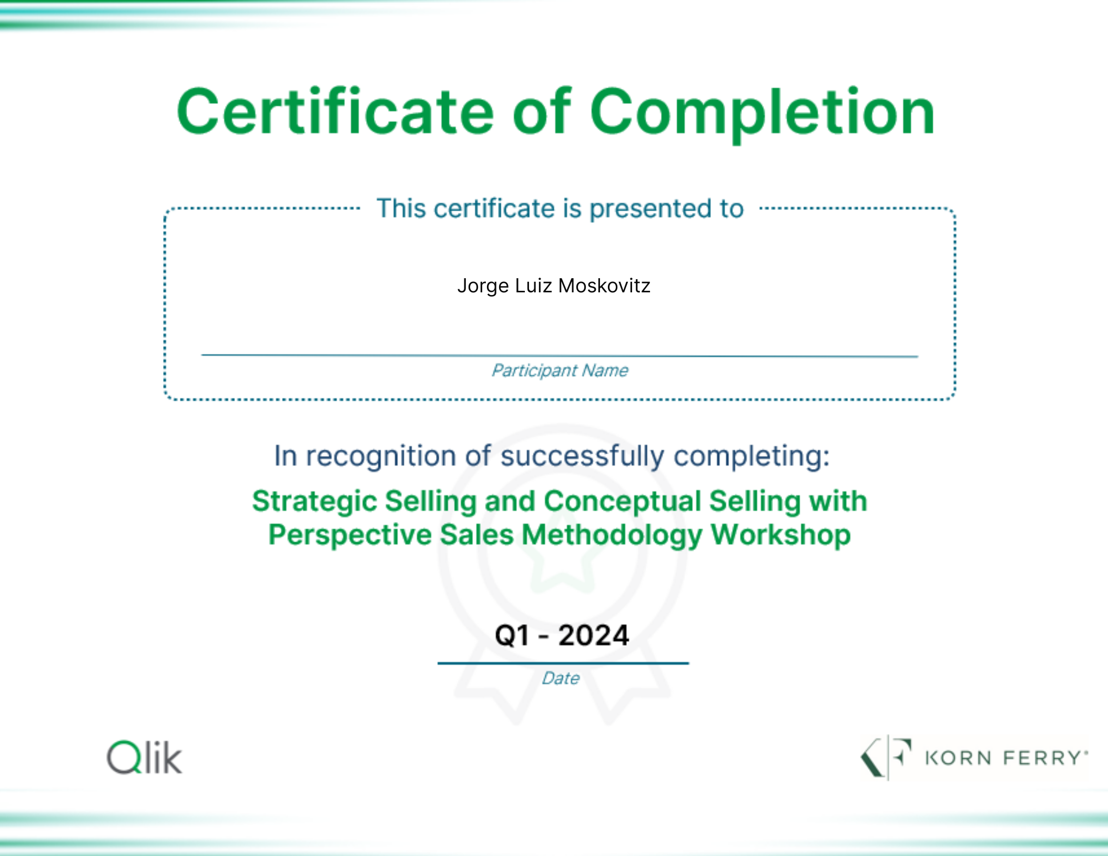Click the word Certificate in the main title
(x=335, y=111)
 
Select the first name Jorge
(x=483, y=287)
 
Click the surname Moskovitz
(x=604, y=286)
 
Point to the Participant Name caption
(x=560, y=371)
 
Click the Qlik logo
(x=145, y=757)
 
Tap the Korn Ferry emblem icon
(x=886, y=757)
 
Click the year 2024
(x=594, y=635)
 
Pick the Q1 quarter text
(x=512, y=635)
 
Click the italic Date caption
(x=561, y=678)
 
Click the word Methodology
(x=612, y=536)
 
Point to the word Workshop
(x=781, y=536)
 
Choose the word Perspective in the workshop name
(x=350, y=536)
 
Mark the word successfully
(x=582, y=456)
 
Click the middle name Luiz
(x=533, y=286)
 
